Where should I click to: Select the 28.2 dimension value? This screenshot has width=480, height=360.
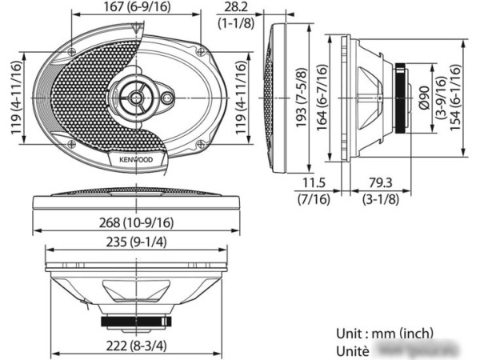pyautogui.click(x=234, y=7)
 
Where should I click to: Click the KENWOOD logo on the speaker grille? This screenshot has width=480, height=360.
pyautogui.click(x=135, y=159)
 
